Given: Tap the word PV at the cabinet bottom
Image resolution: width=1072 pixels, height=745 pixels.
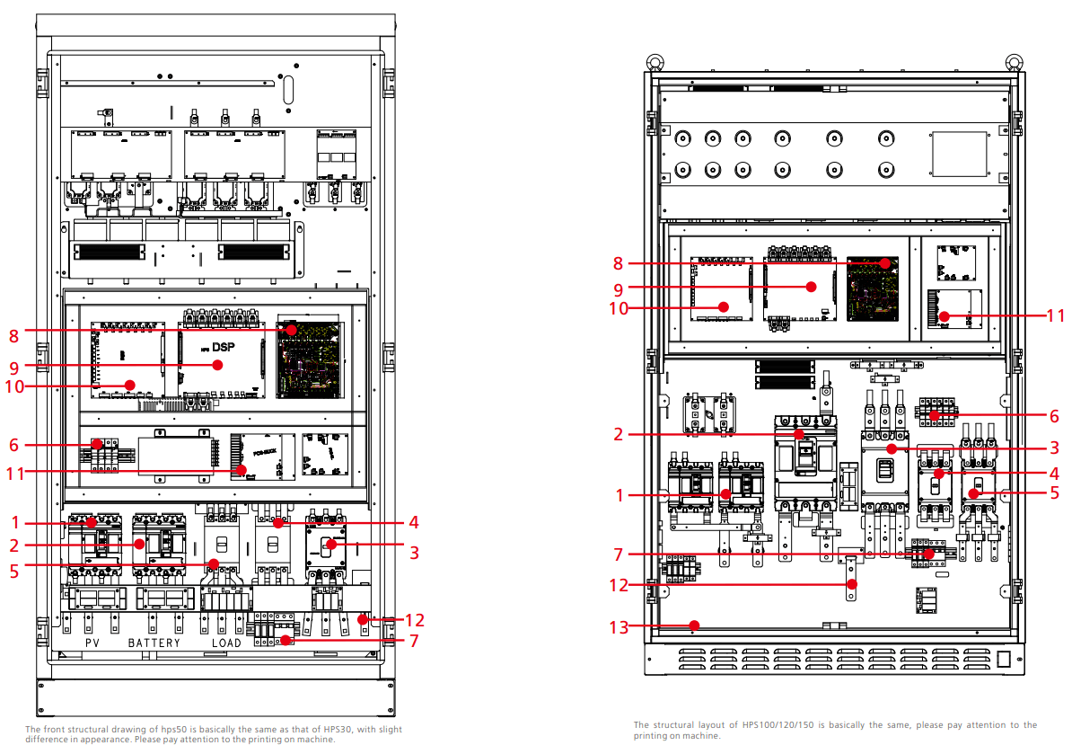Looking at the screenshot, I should pyautogui.click(x=92, y=643).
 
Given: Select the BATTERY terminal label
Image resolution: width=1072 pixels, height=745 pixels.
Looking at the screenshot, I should pyautogui.click(x=154, y=643).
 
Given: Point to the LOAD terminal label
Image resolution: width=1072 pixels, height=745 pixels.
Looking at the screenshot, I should pyautogui.click(x=227, y=643).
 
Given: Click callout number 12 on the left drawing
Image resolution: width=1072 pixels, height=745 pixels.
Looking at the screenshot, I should pyautogui.click(x=414, y=619).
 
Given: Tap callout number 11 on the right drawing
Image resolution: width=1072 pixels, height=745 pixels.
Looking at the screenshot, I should pyautogui.click(x=1055, y=315).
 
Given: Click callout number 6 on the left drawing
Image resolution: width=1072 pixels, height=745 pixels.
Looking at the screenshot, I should pyautogui.click(x=14, y=445).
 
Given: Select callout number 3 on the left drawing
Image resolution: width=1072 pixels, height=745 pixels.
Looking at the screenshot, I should pyautogui.click(x=414, y=552).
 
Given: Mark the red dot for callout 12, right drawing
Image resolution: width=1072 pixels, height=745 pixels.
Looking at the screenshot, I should pyautogui.click(x=852, y=585).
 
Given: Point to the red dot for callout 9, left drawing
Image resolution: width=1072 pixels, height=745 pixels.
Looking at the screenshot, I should pyautogui.click(x=217, y=365).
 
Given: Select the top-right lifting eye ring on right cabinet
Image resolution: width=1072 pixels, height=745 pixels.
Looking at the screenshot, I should pyautogui.click(x=1015, y=63).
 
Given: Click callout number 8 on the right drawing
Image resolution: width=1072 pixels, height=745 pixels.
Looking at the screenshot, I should pyautogui.click(x=618, y=263).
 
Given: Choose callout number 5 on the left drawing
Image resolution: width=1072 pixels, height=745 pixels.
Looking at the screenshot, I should pyautogui.click(x=14, y=570).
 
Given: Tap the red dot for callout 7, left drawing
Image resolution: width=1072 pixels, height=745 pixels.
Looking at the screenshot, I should pyautogui.click(x=286, y=640).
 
